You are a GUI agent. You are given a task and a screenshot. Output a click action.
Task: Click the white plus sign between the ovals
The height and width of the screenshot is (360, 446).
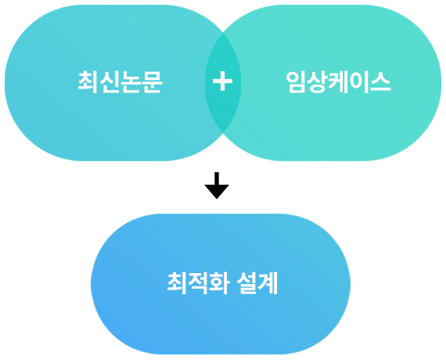point(222,81)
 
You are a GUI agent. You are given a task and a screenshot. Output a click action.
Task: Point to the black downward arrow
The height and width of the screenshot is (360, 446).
point(217,185)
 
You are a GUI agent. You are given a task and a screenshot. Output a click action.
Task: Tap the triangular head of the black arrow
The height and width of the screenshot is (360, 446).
point(217,192)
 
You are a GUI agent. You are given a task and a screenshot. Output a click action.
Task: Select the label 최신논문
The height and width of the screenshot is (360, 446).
point(120,82)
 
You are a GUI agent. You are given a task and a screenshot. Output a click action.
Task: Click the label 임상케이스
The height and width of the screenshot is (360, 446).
point(338,82)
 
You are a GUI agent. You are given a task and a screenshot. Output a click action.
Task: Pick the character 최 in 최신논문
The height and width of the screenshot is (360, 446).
point(88,82)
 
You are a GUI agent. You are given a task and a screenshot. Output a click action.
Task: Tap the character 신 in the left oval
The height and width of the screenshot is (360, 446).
point(110,82)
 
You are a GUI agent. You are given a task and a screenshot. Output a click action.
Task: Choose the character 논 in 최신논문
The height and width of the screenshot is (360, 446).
point(131,82)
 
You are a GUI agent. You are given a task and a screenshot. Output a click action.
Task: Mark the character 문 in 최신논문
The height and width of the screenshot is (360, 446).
point(152,82)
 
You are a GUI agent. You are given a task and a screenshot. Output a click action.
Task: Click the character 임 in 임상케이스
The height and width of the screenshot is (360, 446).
point(296,82)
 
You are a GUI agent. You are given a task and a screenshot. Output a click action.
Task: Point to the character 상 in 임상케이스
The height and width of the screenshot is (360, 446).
point(317,82)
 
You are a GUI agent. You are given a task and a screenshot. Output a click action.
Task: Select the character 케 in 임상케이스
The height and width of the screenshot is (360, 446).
point(338,82)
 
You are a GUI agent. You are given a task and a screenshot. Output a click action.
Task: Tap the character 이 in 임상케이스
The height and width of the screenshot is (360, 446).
point(359,82)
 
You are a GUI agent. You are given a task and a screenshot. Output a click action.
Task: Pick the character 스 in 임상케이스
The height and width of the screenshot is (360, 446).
point(380,82)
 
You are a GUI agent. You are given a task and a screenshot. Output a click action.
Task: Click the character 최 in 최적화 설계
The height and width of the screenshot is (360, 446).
point(177,283)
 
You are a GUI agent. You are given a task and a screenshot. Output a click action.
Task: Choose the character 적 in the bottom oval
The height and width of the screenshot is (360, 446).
point(198,283)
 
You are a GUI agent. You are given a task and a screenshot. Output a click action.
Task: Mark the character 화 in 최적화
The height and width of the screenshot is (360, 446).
point(219,283)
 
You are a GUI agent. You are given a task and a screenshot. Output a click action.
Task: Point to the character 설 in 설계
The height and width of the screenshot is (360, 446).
point(246,283)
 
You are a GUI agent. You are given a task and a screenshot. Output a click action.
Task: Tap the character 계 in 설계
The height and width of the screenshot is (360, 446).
point(268,283)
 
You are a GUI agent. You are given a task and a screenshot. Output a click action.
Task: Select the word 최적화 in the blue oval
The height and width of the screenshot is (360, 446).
point(198,283)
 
